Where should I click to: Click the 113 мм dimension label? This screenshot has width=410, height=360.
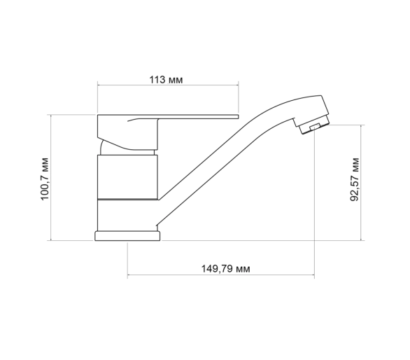(166, 80)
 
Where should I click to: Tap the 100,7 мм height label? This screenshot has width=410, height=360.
(45, 179)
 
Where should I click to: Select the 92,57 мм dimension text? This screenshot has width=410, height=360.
(355, 179)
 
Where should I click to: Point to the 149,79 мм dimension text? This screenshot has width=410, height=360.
(225, 269)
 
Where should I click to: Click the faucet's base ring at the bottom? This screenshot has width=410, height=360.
(127, 236)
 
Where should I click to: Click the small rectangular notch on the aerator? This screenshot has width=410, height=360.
(314, 127)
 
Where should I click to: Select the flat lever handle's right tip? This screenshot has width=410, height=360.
(238, 116)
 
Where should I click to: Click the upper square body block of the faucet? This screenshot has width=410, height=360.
(127, 177)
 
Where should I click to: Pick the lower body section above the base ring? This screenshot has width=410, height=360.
(127, 216)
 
